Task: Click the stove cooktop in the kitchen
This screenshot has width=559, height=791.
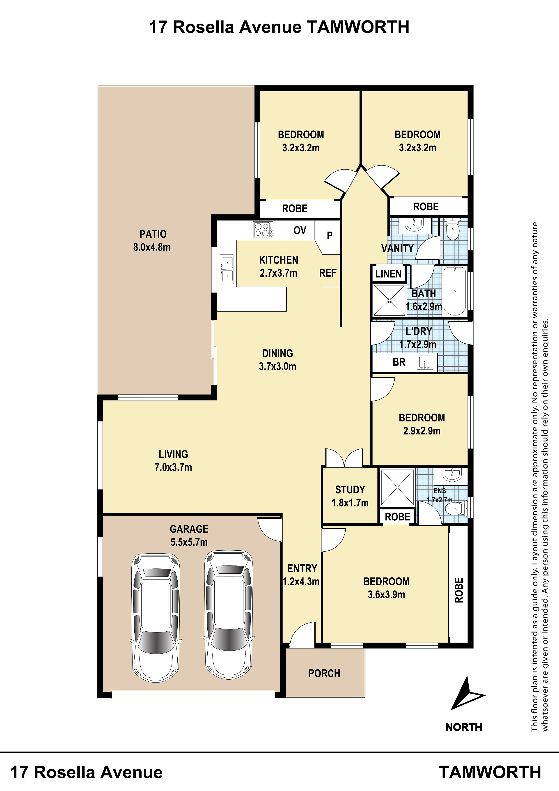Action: coord(263,230)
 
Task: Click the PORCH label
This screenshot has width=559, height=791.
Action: coord(324,673)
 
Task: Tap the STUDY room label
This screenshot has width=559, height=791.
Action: coord(350,490)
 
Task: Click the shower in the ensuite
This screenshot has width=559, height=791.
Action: coord(397,487)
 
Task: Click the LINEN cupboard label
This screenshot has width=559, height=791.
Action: coord(389,274)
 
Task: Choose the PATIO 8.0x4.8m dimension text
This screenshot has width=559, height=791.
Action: coord(152,247)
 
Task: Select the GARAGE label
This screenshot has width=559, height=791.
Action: coord(189,529)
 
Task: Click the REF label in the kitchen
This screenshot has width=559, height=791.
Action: coord(328,273)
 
